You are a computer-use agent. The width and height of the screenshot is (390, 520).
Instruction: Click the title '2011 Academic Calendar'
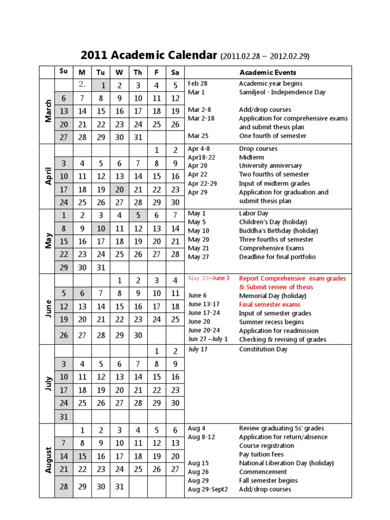tap(149, 55)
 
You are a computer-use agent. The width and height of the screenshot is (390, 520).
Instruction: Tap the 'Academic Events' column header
tap(268, 73)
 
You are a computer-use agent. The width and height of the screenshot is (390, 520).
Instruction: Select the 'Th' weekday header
tap(138, 72)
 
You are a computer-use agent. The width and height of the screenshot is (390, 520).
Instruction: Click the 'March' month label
tap(48, 111)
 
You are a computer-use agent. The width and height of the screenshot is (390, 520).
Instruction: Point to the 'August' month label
tap(48, 460)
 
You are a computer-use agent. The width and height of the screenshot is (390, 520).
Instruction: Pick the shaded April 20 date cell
tap(119, 189)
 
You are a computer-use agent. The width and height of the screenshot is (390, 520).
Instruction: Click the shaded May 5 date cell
tap(138, 215)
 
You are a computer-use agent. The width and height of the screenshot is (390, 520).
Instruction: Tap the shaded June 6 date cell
tap(82, 293)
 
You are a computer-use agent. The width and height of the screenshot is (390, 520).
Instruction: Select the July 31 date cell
tap(64, 416)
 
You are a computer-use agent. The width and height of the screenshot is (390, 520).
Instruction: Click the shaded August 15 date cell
tap(82, 457)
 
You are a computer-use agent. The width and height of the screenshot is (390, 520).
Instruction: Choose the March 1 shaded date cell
tap(101, 86)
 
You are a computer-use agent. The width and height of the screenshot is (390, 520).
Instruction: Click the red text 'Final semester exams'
tap(270, 304)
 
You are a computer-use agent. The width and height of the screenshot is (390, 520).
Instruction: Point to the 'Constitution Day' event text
tap(263, 349)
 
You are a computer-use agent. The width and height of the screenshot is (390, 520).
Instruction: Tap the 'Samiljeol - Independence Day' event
tap(282, 92)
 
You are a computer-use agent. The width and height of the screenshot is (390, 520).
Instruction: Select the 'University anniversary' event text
tap(270, 166)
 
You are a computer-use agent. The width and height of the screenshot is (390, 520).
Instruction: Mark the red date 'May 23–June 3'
tap(209, 278)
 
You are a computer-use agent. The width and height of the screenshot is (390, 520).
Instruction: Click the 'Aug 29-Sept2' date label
tap(208, 490)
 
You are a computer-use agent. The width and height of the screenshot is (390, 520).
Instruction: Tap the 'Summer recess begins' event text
tap(271, 322)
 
